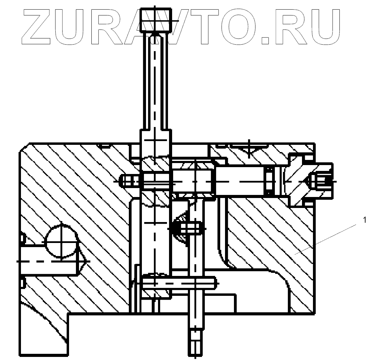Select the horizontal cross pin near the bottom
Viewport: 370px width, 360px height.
point(179,282)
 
